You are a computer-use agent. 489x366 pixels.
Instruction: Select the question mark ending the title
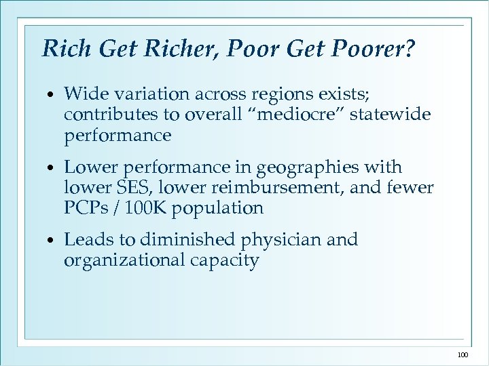[x=409, y=49]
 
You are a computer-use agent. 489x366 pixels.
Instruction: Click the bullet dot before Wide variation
[x=52, y=94]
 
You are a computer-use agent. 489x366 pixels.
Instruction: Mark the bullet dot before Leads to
[x=52, y=241]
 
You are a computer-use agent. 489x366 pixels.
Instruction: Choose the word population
[x=217, y=208]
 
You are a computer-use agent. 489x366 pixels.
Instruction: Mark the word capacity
[x=224, y=261]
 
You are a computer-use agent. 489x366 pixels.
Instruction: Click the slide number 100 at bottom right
[x=463, y=354]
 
